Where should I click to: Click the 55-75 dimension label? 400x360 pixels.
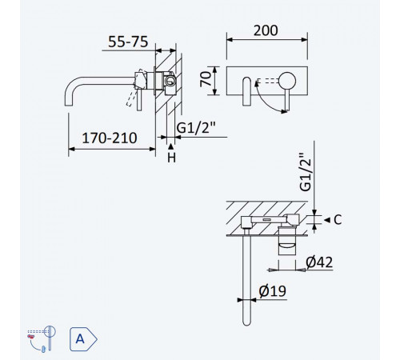click(128, 42)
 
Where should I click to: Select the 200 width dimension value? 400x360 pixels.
click(266, 30)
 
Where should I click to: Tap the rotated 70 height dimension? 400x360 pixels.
click(206, 79)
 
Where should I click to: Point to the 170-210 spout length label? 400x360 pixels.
click(110, 138)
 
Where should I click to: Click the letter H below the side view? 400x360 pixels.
click(171, 158)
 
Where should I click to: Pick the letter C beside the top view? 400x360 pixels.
click(338, 220)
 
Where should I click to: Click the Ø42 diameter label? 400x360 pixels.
click(319, 262)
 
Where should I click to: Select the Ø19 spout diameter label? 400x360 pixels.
click(272, 291)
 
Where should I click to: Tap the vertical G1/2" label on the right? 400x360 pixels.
click(306, 172)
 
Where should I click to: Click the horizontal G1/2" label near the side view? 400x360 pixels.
click(196, 128)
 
